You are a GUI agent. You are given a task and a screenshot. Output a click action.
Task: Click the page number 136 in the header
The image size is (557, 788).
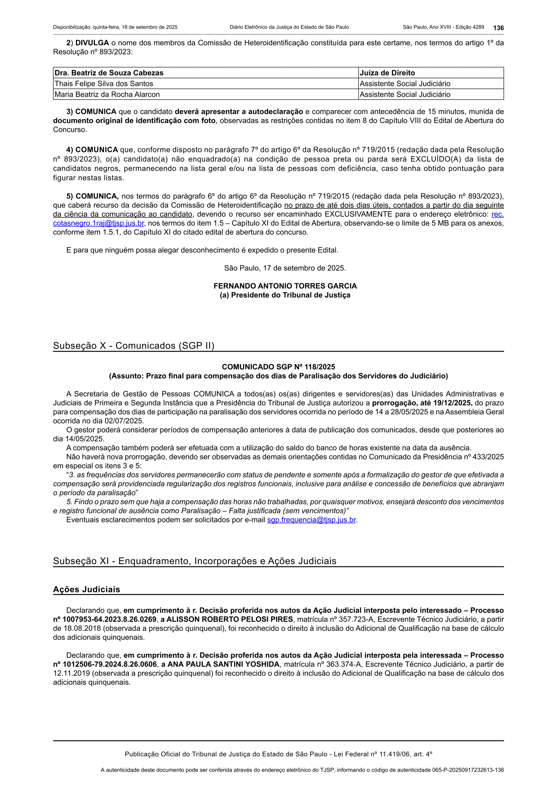click(498, 28)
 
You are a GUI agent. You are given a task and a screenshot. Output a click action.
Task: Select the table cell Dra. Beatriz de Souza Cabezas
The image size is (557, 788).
click(109, 73)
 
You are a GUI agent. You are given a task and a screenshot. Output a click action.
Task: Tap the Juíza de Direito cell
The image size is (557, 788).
click(387, 73)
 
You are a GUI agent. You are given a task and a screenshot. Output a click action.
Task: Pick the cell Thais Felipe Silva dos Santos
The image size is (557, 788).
click(104, 83)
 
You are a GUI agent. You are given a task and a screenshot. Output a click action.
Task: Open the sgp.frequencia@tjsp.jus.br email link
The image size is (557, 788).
click(311, 520)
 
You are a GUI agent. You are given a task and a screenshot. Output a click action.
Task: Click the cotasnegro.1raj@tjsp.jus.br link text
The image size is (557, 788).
click(98, 223)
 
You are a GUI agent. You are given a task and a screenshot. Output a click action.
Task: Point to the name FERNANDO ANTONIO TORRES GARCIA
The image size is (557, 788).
click(285, 286)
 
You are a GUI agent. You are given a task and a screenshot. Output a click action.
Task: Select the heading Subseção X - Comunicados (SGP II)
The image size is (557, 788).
click(134, 346)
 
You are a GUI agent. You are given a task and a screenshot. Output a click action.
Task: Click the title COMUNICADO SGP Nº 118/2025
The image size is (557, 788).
click(278, 367)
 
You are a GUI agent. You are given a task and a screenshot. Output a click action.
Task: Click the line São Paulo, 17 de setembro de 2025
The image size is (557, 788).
click(285, 268)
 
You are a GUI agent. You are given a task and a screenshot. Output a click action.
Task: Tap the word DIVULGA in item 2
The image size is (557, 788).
click(92, 43)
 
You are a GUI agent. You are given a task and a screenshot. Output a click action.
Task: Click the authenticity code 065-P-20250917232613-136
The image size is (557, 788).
click(468, 770)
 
